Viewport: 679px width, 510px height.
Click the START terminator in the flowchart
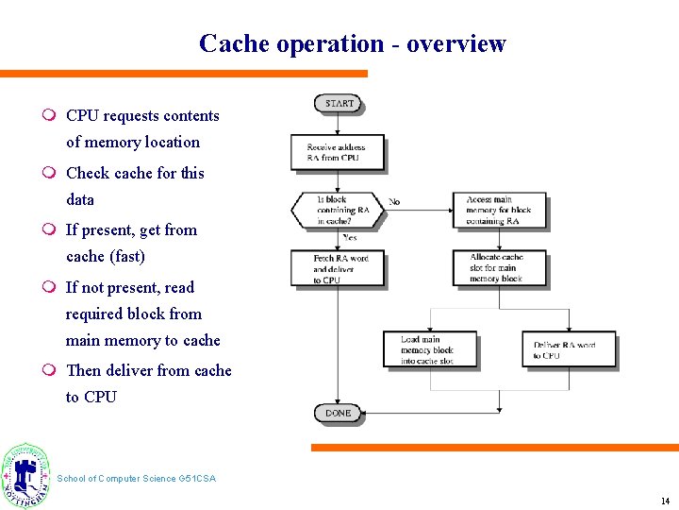point(338,103)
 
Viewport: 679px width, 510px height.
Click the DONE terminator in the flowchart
point(338,413)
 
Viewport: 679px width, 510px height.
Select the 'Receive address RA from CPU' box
point(337,152)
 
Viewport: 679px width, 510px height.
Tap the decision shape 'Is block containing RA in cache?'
point(338,211)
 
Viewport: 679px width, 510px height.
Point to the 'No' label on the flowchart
point(394,202)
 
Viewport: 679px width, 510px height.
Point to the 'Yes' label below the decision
point(349,238)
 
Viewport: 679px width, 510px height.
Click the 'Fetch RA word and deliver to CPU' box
point(337,268)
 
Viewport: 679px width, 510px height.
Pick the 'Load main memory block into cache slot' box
point(430,349)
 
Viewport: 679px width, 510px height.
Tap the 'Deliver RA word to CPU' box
point(569,349)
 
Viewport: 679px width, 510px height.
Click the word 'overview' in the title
point(456,43)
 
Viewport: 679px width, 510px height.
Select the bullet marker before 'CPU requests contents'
point(48,116)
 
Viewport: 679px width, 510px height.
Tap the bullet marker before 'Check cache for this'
point(48,173)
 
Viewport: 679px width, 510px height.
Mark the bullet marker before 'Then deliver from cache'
point(48,370)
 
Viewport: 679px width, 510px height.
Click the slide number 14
point(665,501)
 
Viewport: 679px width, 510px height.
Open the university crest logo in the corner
point(25,475)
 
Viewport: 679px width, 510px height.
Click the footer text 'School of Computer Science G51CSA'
point(136,479)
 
